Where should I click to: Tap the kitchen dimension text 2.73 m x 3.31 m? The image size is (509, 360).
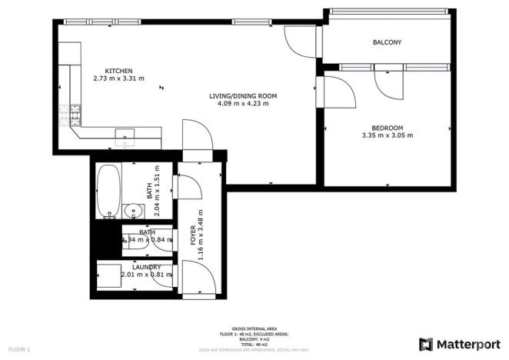pyautogui.click(x=118, y=78)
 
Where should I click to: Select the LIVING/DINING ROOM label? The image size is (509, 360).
pyautogui.click(x=242, y=96)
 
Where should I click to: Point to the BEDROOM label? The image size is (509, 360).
pyautogui.click(x=388, y=128)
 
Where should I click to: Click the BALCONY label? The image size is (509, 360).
pyautogui.click(x=388, y=42)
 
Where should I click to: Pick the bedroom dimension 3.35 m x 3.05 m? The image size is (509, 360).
pyautogui.click(x=388, y=136)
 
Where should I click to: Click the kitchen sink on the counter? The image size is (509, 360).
pyautogui.click(x=125, y=137)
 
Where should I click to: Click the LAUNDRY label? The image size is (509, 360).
pyautogui.click(x=146, y=267)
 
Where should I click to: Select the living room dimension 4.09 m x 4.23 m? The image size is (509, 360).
pyautogui.click(x=242, y=104)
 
